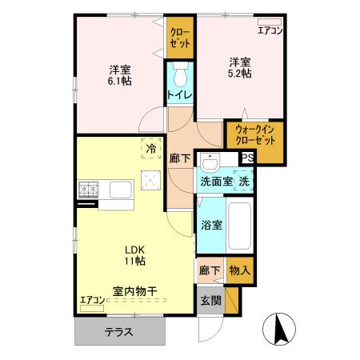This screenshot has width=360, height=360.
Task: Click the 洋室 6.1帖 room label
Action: [121, 74]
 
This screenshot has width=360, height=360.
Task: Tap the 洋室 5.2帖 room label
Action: [240, 69]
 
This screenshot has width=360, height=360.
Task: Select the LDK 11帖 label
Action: [133, 254]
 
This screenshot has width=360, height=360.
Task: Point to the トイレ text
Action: [178, 95]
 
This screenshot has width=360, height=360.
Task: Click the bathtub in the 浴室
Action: [239, 224]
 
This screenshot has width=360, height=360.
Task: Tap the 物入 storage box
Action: [239, 271]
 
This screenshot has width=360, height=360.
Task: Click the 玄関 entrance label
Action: [210, 301]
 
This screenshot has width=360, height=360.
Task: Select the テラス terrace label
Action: [117, 332]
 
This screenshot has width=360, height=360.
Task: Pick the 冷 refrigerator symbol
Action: [149, 148]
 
